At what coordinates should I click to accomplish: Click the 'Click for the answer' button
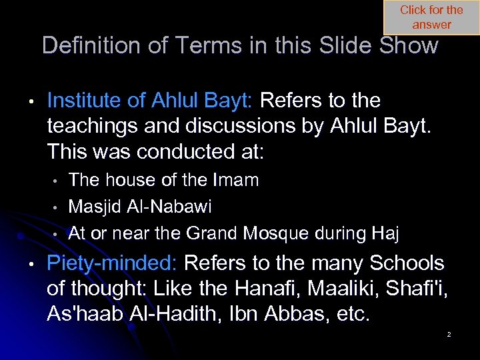tap(431, 17)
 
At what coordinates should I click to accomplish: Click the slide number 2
tap(449, 334)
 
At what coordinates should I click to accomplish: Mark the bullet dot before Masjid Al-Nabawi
tap(57, 207)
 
